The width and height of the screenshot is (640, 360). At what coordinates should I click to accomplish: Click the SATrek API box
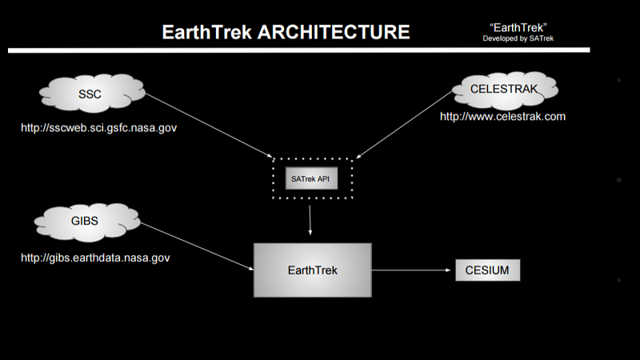tap(312, 178)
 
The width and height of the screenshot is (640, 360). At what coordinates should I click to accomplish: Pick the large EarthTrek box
tap(312, 270)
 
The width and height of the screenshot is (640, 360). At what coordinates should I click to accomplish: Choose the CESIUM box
tap(487, 270)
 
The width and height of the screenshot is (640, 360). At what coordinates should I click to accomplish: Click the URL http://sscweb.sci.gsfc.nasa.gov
tap(98, 127)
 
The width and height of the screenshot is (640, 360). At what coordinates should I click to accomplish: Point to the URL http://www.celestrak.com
tap(502, 117)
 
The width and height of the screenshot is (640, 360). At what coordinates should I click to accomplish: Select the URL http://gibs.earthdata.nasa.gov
tap(95, 258)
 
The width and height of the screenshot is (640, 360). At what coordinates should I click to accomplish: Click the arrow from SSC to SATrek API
tap(210, 125)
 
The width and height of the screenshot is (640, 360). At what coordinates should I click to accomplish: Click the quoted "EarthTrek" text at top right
tap(523, 26)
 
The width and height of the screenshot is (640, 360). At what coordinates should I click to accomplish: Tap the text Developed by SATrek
tap(523, 38)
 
